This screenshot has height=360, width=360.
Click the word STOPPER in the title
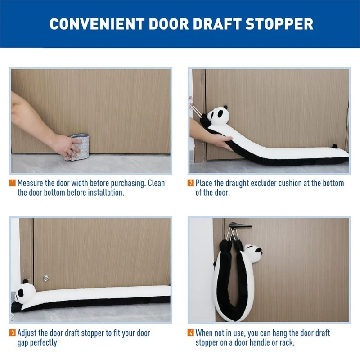279,24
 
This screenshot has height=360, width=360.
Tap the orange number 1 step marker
13,183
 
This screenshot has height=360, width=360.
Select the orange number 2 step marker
190,183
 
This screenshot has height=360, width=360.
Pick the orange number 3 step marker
13,333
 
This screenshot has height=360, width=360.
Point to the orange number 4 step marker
190,333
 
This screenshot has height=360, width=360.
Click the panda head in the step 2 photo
218,116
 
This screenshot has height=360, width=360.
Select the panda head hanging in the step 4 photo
253,253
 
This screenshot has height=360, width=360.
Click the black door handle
240,225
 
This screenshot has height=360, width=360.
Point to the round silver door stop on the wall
46,278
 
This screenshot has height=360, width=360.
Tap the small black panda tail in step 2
334,146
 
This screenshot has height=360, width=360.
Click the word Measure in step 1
30,183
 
